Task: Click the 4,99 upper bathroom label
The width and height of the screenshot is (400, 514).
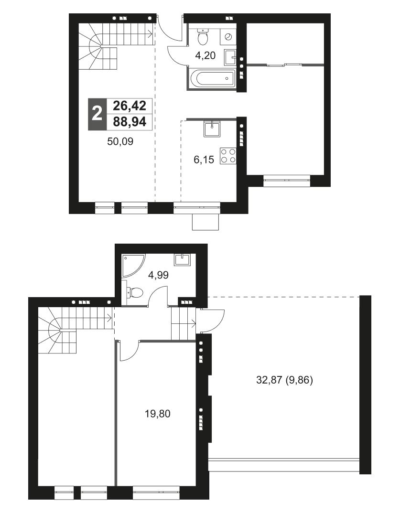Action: click(x=159, y=276)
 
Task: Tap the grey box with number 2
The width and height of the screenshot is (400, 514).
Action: click(x=97, y=114)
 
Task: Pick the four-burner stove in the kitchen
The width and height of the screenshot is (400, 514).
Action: click(x=228, y=156)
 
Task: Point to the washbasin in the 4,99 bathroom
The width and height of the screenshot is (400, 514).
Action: click(x=183, y=260)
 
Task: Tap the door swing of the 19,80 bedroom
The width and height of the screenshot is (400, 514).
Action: click(x=128, y=352)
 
